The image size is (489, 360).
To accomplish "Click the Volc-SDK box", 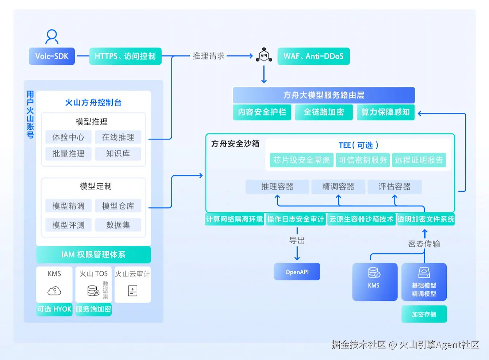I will coord(52,56).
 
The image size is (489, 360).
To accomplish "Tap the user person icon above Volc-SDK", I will coord(52,37).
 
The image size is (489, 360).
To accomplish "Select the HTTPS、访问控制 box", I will coord(125,56).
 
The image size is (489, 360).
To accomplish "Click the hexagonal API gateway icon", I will coord(264,55).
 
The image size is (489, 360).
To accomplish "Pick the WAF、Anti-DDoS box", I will coord(313,56).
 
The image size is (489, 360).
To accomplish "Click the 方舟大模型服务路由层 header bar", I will coord(324,95).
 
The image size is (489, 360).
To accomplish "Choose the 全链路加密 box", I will coord(324,112).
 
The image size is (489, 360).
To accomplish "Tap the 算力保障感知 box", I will coord(385,112).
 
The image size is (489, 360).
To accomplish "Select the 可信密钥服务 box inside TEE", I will coord(362,160).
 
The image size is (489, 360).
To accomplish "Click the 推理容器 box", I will coord(277,187).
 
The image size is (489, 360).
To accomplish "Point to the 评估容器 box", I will coord(394,187).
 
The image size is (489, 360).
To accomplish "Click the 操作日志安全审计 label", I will coord(296,219).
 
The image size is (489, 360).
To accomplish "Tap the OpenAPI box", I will coord(297,272).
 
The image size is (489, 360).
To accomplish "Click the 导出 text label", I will coord(297,241).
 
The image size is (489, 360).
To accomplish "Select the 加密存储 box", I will coord(424,314).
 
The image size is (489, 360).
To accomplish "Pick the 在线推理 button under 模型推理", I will coord(118,137).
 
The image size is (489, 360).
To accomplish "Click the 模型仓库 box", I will coord(118,206).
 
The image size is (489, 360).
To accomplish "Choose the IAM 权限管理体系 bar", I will coord(93,254).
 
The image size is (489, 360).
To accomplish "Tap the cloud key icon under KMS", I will coord(54,291).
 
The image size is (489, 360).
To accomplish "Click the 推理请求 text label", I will coord(208,56).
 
